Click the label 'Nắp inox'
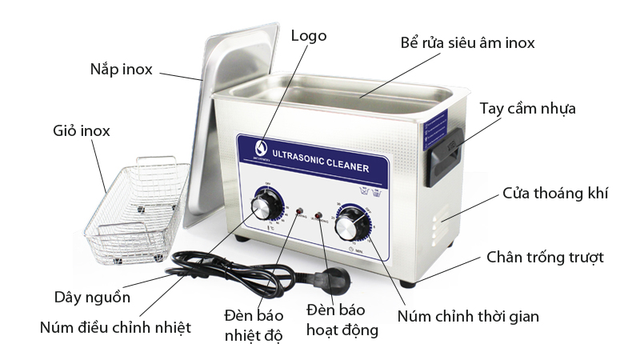120,69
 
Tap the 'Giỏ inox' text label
81,130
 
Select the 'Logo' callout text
309,36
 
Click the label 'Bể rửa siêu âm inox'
467,42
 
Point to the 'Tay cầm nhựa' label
527,108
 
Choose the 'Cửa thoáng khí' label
555,193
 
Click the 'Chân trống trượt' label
545,257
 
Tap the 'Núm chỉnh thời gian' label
468,316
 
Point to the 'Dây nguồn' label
91,297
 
